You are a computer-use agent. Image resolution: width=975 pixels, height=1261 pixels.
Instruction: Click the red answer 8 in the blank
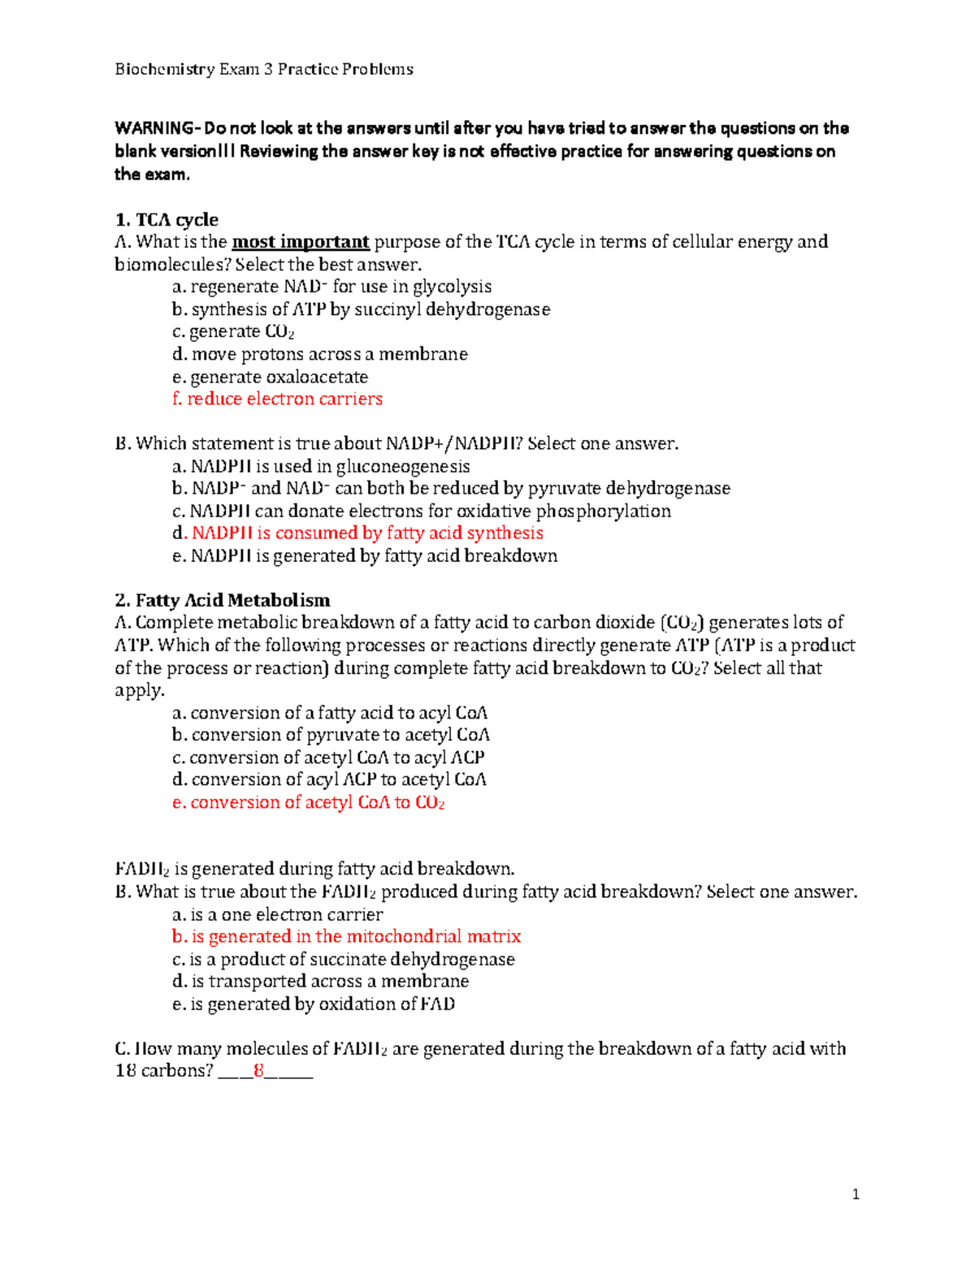(259, 1070)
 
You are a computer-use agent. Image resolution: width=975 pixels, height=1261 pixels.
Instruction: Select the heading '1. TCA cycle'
(167, 219)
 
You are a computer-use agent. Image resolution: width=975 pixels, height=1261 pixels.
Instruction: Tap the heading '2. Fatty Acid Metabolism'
(223, 600)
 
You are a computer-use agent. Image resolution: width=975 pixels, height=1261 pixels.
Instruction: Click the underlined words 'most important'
(301, 241)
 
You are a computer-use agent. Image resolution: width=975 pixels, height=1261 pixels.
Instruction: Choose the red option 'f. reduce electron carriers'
(277, 399)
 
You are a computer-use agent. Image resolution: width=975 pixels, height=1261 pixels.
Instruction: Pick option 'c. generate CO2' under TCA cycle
(233, 331)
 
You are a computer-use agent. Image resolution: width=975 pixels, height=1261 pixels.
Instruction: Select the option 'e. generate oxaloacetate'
(270, 377)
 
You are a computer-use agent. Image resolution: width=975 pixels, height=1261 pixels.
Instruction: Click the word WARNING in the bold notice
(154, 128)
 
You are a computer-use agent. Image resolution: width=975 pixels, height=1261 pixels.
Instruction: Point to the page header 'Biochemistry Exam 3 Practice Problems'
(264, 69)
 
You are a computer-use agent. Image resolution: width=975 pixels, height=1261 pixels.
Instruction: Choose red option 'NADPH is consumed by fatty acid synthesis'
(367, 533)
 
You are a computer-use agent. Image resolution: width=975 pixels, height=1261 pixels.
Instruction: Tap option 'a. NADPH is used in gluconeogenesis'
(321, 466)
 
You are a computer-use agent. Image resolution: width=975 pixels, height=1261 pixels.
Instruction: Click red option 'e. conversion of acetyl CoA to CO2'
(308, 802)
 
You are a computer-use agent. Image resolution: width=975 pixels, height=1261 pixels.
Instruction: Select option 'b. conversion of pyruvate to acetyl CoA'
(331, 735)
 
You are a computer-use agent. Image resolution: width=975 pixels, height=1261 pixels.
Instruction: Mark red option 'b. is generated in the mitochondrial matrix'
(346, 936)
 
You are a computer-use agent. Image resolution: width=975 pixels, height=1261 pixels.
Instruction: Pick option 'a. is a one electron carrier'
(277, 914)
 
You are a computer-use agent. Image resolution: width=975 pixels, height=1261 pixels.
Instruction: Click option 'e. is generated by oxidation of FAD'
(313, 1004)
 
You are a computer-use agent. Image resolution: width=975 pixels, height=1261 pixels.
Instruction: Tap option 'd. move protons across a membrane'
(319, 354)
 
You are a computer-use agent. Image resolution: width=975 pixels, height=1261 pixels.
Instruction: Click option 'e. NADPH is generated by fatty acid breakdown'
(365, 555)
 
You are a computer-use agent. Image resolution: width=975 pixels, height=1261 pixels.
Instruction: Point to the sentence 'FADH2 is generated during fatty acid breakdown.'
(315, 869)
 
